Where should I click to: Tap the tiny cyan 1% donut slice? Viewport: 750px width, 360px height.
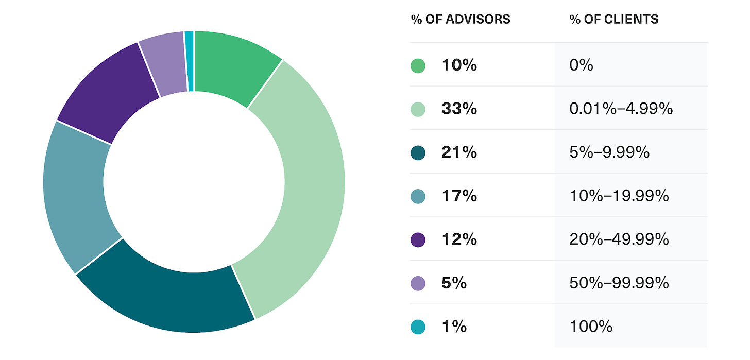189,61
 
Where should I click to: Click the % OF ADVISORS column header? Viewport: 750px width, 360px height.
461,20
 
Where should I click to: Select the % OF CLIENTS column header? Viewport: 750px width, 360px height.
614,20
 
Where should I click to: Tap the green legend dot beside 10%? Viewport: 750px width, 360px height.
418,66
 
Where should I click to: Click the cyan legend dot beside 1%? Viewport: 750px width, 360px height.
418,327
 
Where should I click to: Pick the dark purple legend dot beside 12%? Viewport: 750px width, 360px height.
418,239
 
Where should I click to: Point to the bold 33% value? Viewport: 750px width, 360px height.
459,109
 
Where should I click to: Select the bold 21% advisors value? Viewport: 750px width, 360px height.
459,152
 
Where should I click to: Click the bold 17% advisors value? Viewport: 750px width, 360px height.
459,196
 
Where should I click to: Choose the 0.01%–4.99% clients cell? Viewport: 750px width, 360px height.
621,109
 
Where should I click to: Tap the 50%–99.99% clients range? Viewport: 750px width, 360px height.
619,283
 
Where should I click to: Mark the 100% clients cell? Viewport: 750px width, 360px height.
591,327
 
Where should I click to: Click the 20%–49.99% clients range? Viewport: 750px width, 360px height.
619,239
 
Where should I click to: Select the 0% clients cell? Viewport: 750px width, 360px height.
582,66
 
